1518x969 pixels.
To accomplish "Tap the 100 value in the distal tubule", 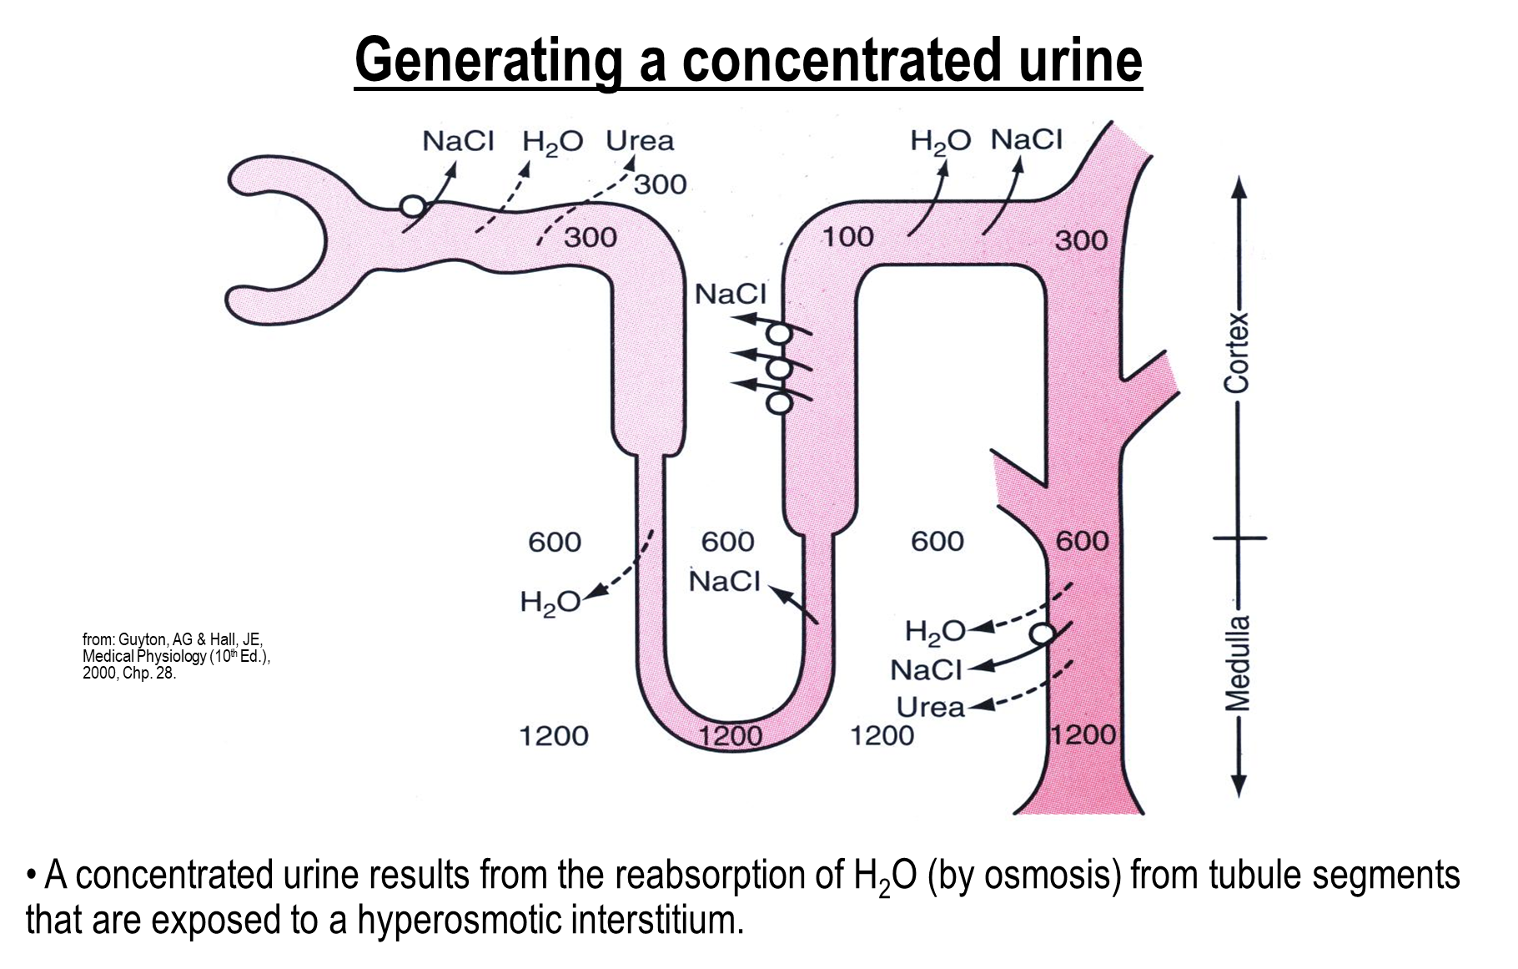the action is pyautogui.click(x=848, y=237).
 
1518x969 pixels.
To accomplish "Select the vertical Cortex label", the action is pyautogui.click(x=1237, y=352).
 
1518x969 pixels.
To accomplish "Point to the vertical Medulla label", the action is pyautogui.click(x=1238, y=663).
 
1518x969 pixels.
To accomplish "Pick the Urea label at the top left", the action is pyautogui.click(x=640, y=141).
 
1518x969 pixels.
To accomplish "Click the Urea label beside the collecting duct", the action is pyautogui.click(x=930, y=708).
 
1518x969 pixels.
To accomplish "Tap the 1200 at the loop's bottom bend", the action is pyautogui.click(x=731, y=735).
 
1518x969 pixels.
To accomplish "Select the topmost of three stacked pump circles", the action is pyautogui.click(x=779, y=334).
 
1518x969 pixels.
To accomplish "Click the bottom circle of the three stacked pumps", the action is pyautogui.click(x=779, y=403).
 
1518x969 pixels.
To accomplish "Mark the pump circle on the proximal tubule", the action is pyautogui.click(x=412, y=205).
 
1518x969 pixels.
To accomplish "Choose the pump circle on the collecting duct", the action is pyautogui.click(x=1043, y=634).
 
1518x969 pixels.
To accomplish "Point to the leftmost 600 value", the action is pyautogui.click(x=555, y=543).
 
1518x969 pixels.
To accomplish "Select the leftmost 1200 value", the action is pyautogui.click(x=554, y=736).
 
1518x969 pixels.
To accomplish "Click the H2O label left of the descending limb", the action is pyautogui.click(x=550, y=603).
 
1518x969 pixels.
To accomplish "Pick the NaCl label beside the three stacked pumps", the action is pyautogui.click(x=730, y=294).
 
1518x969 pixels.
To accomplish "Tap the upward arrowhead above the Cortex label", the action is pyautogui.click(x=1239, y=188).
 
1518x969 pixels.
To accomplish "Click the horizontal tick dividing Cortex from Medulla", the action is pyautogui.click(x=1239, y=538).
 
